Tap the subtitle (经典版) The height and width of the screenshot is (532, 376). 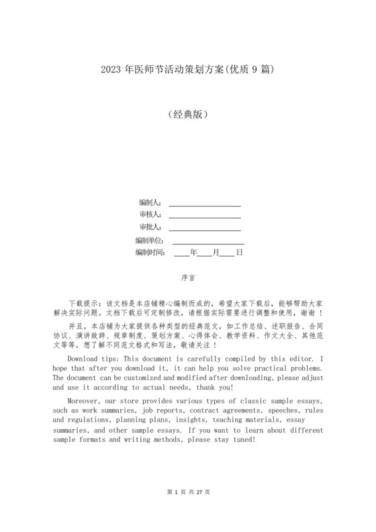pos(187,114)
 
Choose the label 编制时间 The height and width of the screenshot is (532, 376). pos(150,253)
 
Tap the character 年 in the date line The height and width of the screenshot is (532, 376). pos(194,253)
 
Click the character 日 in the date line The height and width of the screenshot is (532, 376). pos(238,253)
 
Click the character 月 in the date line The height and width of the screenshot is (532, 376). pos(216,253)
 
